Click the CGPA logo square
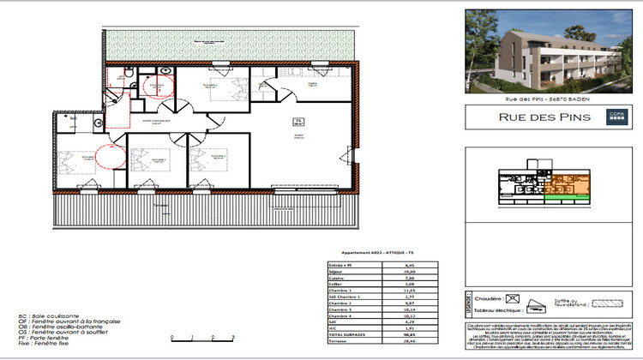(616, 117)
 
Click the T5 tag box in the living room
(298, 122)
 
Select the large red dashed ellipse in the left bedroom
(110, 157)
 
